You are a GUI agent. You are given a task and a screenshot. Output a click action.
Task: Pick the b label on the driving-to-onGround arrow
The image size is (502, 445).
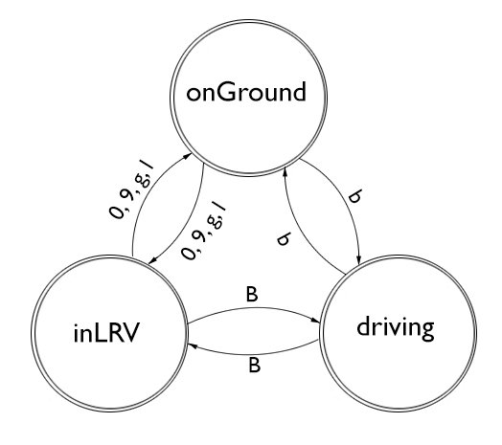(283, 240)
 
